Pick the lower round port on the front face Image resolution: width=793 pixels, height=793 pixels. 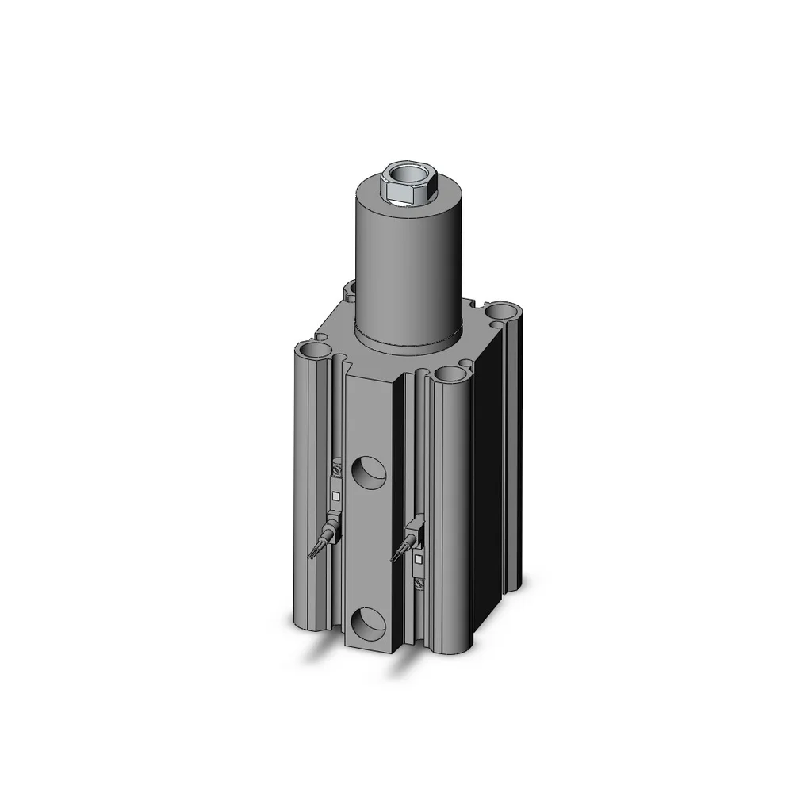pyautogui.click(x=369, y=624)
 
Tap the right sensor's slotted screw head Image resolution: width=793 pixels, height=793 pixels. pyautogui.click(x=419, y=584)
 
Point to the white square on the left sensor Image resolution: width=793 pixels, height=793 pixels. pyautogui.click(x=336, y=496)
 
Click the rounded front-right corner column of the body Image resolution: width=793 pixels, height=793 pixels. pyautogui.click(x=452, y=515)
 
